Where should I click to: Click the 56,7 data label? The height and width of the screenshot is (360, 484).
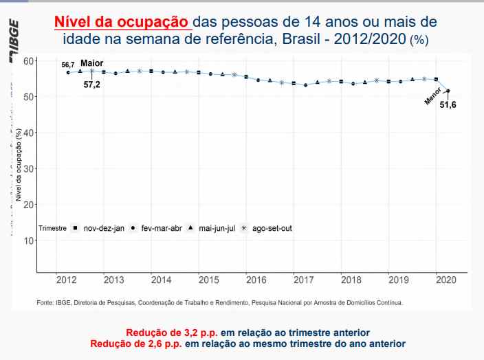click(x=67, y=65)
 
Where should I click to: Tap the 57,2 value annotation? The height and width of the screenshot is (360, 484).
click(x=92, y=85)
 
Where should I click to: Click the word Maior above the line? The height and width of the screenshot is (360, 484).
click(x=92, y=63)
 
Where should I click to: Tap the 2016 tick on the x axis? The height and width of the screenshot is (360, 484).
click(x=256, y=280)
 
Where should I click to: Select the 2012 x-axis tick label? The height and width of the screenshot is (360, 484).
click(x=66, y=280)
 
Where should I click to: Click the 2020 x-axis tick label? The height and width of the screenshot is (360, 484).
click(x=445, y=280)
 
